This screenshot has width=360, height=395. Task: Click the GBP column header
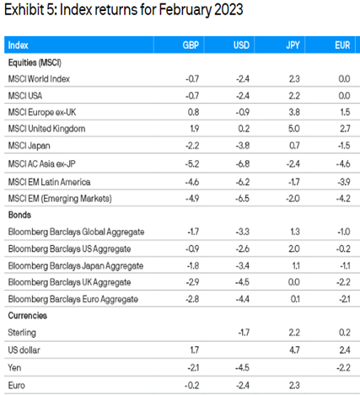click(191, 45)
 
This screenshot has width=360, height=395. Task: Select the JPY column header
click(293, 45)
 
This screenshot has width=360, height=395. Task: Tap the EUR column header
click(342, 45)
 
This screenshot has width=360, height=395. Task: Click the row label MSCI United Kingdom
click(46, 129)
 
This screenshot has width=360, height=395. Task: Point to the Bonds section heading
click(19, 215)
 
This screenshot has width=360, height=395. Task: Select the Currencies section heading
click(27, 316)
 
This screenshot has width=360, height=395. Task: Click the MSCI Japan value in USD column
click(242, 146)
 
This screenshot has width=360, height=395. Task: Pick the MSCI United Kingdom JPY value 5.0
click(293, 129)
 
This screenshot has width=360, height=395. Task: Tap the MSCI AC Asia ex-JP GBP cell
click(192, 164)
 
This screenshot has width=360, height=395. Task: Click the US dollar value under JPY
click(294, 350)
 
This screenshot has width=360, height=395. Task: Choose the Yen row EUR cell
click(343, 368)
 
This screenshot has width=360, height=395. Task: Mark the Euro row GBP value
click(191, 386)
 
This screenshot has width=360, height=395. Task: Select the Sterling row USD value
click(244, 333)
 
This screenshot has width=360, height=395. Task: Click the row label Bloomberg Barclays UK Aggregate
click(69, 282)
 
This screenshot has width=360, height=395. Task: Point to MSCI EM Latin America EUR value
click(344, 182)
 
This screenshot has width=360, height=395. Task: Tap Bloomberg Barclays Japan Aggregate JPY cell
click(296, 265)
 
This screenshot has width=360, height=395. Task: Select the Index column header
click(18, 45)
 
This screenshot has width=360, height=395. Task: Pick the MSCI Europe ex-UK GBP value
click(193, 112)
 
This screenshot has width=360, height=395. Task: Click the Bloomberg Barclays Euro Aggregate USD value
click(242, 299)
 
